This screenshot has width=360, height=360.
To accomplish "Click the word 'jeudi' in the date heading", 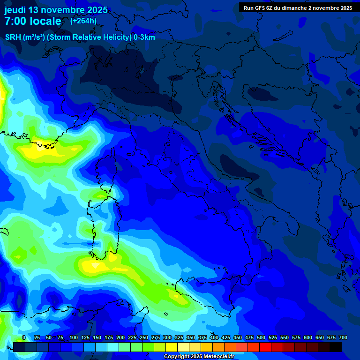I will (15, 10).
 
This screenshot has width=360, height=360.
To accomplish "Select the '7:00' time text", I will (15, 21).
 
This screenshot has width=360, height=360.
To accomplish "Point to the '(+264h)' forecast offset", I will (83, 21).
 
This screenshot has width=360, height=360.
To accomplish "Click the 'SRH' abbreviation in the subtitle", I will (13, 37).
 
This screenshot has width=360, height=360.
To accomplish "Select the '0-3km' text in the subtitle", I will (144, 37).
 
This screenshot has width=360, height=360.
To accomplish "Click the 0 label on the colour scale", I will (24, 337).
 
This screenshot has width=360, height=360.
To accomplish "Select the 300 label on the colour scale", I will (167, 337).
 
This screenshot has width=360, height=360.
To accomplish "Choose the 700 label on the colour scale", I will (343, 337).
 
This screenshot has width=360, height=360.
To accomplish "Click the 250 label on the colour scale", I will (144, 337).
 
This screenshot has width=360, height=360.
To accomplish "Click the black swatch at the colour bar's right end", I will (336, 347).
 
